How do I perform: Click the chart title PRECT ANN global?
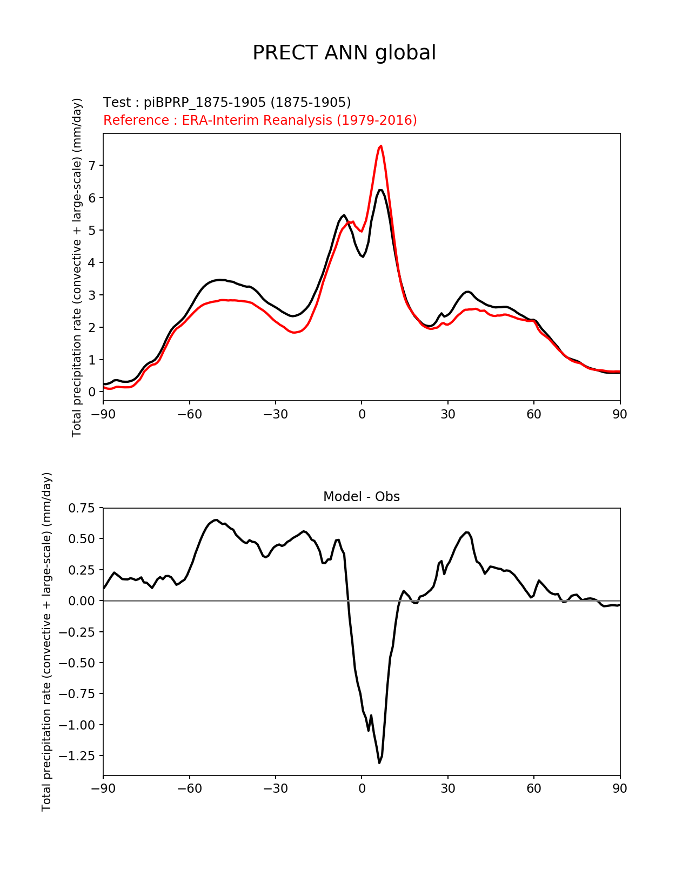point(344,53)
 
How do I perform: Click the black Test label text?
point(227,103)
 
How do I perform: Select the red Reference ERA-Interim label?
point(260,120)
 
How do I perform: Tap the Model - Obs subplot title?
point(362,497)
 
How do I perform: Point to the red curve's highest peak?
point(381,145)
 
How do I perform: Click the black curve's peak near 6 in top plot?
point(380,190)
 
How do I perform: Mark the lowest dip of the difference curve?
point(379,762)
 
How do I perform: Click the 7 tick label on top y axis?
point(92,166)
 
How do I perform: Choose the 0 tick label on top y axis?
point(92,392)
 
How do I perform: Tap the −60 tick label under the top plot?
point(189,415)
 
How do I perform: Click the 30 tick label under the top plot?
point(447,415)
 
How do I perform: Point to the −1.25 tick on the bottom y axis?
point(78,755)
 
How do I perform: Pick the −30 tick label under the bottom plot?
point(275,789)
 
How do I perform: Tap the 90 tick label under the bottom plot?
point(620,789)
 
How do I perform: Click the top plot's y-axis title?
point(77,267)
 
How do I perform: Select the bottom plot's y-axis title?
point(47,642)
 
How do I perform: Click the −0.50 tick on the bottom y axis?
point(78,663)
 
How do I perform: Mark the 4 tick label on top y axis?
point(92,263)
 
